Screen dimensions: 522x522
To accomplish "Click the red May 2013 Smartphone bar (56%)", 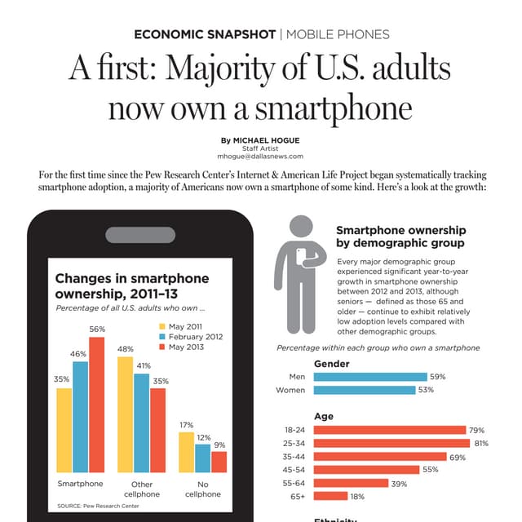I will [x=97, y=405].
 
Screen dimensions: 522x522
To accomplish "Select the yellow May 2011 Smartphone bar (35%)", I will [x=64, y=430].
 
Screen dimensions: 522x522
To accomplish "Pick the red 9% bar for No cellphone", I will [x=219, y=462].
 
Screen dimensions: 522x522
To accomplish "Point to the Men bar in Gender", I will [x=369, y=377].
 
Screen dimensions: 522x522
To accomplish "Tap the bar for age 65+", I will [x=330, y=496].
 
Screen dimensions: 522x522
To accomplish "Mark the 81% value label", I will [x=481, y=444].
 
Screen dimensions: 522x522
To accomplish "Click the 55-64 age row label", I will [x=293, y=483].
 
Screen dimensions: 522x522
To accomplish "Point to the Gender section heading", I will [x=331, y=364].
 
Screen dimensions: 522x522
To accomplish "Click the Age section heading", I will [x=323, y=417].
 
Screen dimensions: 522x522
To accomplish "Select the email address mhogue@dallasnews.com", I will [x=260, y=156].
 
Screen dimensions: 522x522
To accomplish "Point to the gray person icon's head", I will [x=301, y=228].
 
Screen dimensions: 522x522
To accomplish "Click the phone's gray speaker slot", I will [x=139, y=235].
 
